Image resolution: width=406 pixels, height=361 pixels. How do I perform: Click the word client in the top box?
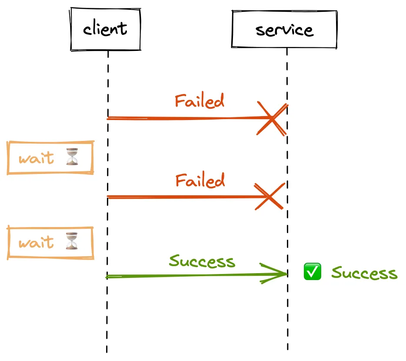click(x=105, y=29)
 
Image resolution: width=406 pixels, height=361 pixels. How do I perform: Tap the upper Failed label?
click(x=200, y=101)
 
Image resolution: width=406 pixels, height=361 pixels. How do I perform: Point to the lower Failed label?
click(x=200, y=180)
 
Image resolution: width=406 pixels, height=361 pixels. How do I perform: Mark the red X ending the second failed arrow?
click(x=270, y=197)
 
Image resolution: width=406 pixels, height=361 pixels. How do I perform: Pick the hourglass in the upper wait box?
click(x=73, y=157)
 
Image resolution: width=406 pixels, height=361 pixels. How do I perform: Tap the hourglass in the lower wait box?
click(x=73, y=241)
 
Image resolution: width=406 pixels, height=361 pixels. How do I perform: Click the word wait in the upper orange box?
click(x=37, y=157)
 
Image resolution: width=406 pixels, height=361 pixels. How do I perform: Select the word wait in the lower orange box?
click(x=37, y=242)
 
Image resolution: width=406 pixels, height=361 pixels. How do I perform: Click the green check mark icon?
click(x=312, y=272)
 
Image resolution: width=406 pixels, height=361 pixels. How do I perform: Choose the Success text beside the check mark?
click(x=364, y=273)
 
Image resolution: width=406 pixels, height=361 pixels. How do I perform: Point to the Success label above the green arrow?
click(x=202, y=261)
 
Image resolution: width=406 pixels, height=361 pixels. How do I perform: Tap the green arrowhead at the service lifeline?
click(x=278, y=274)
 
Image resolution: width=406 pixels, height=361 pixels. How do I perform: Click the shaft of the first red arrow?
click(x=183, y=118)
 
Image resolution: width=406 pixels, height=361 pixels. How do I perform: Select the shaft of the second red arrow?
click(x=183, y=197)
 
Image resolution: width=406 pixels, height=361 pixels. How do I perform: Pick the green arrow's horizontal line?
click(x=183, y=275)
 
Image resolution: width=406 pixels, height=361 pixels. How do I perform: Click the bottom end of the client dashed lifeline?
click(x=106, y=351)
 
